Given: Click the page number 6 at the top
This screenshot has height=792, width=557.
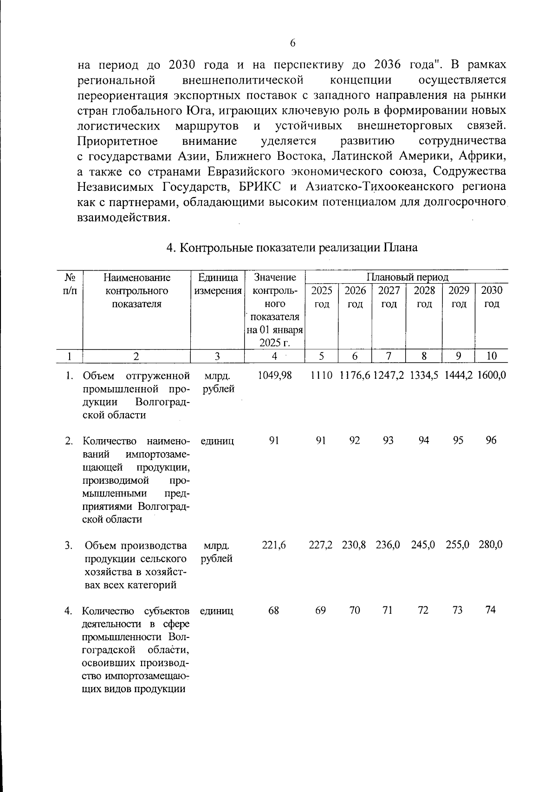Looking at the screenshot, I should click(x=292, y=43).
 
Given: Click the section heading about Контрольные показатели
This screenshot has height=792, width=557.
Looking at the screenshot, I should click(x=292, y=247).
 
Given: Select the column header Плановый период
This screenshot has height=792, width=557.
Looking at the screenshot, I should click(x=408, y=277).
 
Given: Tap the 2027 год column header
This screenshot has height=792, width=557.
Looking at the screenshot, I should click(x=389, y=297).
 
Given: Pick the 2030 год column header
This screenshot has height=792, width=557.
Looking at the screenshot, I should click(x=492, y=297).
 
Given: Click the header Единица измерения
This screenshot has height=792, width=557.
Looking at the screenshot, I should click(x=218, y=284).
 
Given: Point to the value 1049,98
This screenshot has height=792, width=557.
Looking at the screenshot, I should click(x=274, y=375).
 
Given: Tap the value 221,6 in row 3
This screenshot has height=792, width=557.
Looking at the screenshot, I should click(x=274, y=545).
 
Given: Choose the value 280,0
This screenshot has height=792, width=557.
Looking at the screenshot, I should click(x=491, y=545).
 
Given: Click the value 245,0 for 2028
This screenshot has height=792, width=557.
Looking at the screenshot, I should click(x=423, y=545).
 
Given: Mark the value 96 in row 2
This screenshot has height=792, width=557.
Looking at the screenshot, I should click(x=491, y=441).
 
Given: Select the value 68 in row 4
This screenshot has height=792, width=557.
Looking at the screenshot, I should click(x=274, y=610).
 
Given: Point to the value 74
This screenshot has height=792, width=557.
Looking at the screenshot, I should click(x=491, y=610).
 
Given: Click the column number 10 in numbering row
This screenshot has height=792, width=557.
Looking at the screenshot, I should click(x=492, y=356).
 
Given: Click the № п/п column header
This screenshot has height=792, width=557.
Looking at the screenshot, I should click(x=70, y=284).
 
